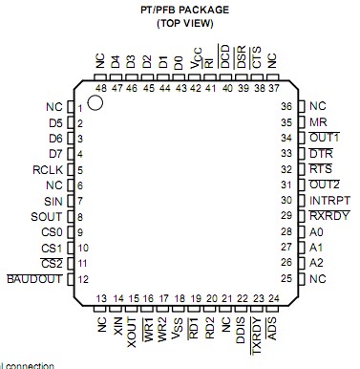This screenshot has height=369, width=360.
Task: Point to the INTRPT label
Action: tap(329, 201)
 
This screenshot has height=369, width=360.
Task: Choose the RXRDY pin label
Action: tap(328, 216)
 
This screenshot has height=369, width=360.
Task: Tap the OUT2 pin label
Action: tap(325, 184)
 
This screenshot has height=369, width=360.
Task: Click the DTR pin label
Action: tap(321, 154)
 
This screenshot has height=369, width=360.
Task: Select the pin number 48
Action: tap(101, 87)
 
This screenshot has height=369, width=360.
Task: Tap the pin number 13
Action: tap(101, 299)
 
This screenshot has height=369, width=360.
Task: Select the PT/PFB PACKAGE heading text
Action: tap(185, 8)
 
